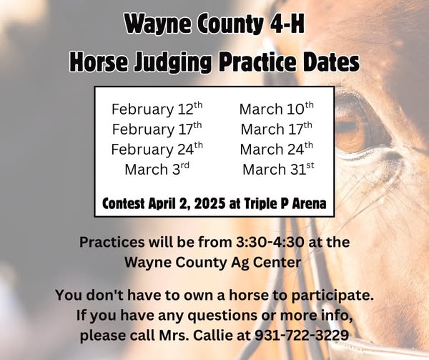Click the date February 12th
[x=157, y=109]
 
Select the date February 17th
[x=157, y=129]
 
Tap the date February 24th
[x=157, y=149]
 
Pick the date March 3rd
[x=157, y=169]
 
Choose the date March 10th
[x=277, y=108]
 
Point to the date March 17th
[x=277, y=129]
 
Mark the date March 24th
[x=277, y=149]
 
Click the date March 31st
[x=278, y=169]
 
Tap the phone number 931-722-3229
[x=302, y=335]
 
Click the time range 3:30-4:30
[x=270, y=242]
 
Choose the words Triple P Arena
[x=285, y=204]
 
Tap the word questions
[x=222, y=316]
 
